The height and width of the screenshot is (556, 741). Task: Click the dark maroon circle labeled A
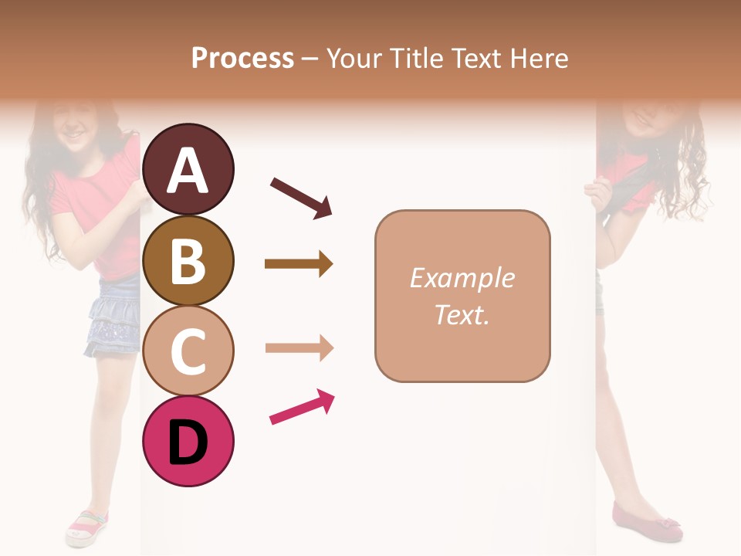tap(188, 169)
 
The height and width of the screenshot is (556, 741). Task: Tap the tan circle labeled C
tap(188, 351)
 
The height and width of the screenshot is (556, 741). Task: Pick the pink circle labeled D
tap(188, 441)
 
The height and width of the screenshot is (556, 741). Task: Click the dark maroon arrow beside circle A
tap(301, 197)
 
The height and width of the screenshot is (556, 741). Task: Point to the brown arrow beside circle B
tap(299, 264)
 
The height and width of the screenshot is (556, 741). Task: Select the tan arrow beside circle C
tap(299, 348)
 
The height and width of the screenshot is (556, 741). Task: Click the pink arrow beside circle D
tap(302, 407)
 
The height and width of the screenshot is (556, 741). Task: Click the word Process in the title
tap(242, 59)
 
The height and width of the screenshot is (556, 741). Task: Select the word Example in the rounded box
tap(462, 278)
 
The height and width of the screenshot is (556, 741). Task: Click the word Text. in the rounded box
tap(462, 314)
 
